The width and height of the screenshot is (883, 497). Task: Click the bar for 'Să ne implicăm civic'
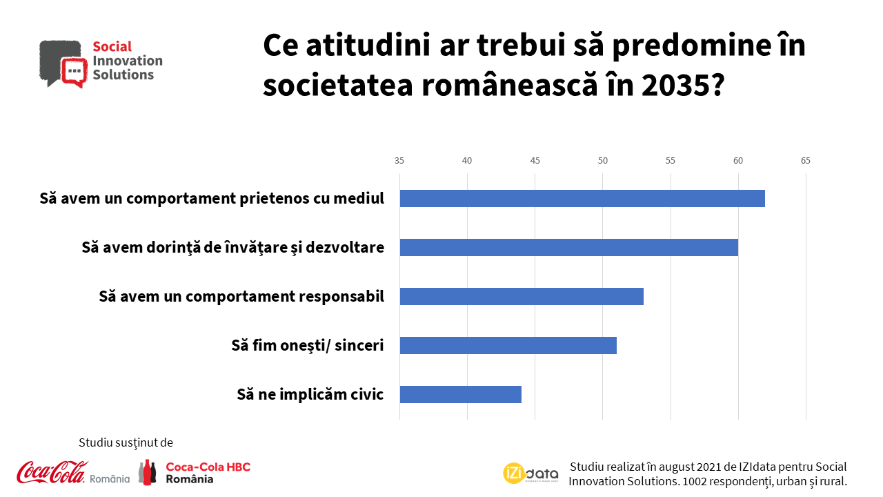click(460, 394)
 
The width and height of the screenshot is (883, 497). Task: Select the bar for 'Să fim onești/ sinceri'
click(508, 345)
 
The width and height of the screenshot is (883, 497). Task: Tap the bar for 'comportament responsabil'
click(522, 296)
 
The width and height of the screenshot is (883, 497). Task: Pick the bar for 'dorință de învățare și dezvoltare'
click(568, 247)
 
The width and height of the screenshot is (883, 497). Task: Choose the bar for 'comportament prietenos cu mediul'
click(582, 198)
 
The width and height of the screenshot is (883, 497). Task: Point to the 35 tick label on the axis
click(399, 161)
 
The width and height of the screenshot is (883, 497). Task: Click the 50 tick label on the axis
click(602, 161)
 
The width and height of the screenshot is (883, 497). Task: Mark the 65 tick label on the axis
click(805, 161)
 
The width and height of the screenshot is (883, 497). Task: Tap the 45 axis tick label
click(535, 161)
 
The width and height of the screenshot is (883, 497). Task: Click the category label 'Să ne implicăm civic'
click(310, 394)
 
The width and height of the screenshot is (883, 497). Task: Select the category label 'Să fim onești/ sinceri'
click(307, 345)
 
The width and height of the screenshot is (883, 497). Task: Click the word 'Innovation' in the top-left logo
click(127, 61)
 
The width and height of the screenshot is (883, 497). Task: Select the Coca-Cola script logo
click(52, 471)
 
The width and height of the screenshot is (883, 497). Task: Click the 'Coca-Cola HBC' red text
click(208, 467)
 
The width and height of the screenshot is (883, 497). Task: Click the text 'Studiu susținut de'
click(126, 442)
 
